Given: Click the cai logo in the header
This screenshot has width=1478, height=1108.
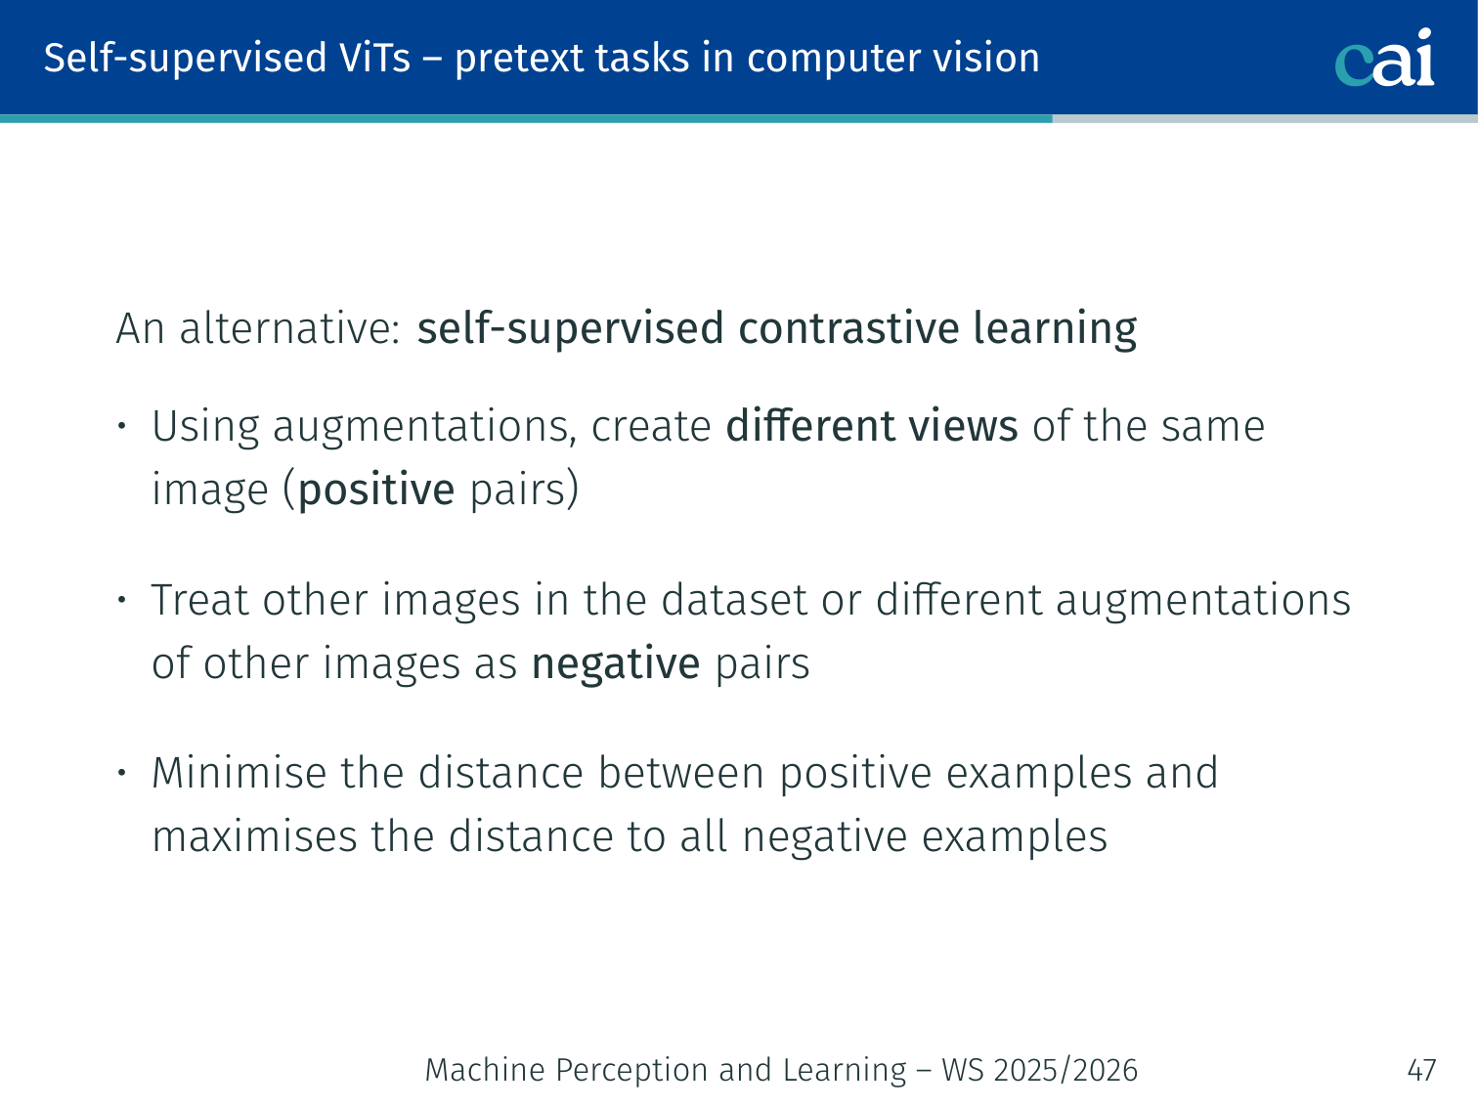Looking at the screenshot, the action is coord(1384,58).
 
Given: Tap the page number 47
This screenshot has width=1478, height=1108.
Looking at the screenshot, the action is coord(1421,1070).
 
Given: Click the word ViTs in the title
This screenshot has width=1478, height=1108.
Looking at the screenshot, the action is coord(375,58).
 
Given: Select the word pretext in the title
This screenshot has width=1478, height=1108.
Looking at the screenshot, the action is coord(517,61).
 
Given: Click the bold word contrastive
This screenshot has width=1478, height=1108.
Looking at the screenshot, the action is coord(848,328).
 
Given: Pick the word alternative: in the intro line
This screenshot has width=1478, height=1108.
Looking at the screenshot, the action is coord(290,328).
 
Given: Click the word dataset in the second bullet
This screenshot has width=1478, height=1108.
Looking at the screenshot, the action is coord(734,599).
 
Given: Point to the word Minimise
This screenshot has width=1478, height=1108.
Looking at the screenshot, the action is coord(239,773).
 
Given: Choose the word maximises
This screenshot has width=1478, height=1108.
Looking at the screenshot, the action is coord(254,837).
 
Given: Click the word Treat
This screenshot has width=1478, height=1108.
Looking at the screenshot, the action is coord(200,599).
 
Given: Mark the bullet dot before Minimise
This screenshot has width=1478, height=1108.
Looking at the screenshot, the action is coord(121,773).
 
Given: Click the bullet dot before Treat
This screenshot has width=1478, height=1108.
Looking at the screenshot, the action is coord(121,599).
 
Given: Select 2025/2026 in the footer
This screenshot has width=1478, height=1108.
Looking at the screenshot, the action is coord(1065,1071).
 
